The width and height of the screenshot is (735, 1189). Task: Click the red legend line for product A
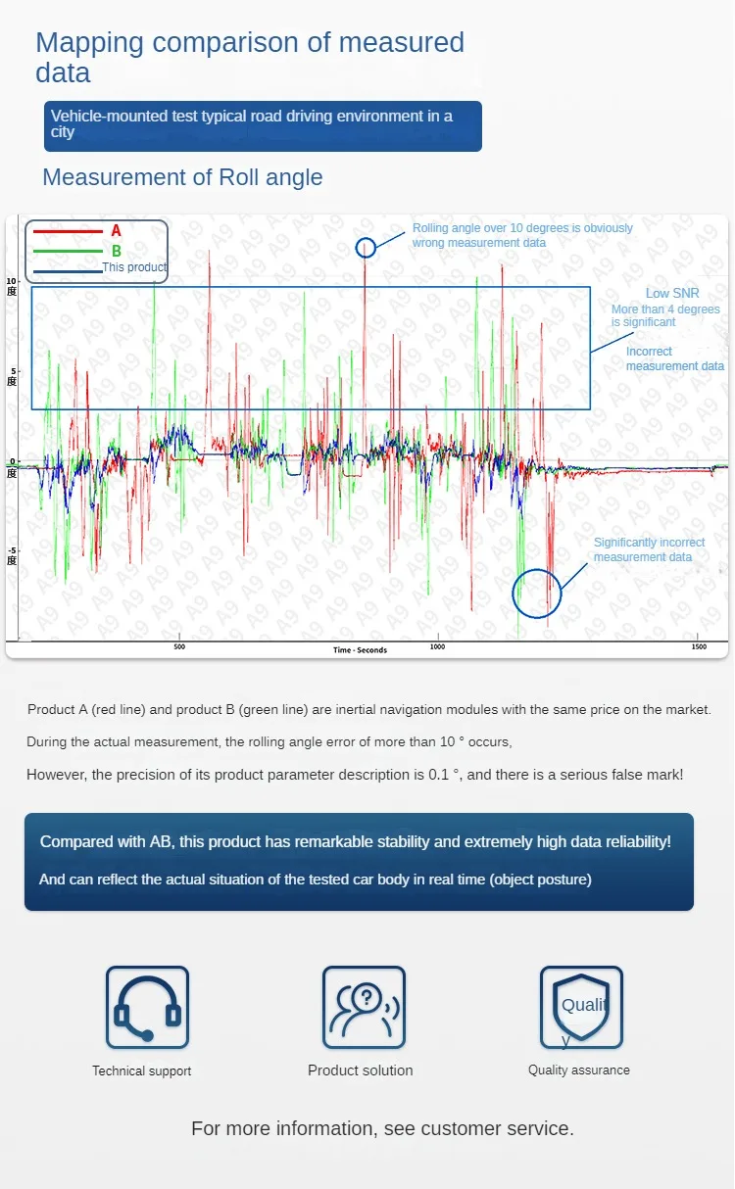(x=68, y=232)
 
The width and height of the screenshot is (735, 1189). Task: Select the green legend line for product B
(x=68, y=252)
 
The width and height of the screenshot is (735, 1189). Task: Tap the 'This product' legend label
(x=134, y=267)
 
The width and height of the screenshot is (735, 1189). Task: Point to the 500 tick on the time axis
(x=179, y=647)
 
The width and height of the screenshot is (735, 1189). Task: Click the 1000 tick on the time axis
(x=437, y=647)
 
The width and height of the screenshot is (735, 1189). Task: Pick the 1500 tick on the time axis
(x=699, y=647)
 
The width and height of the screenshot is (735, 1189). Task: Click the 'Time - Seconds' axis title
(x=360, y=650)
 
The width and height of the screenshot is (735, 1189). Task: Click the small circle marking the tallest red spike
(x=366, y=248)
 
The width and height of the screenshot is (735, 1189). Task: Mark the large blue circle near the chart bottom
(x=537, y=593)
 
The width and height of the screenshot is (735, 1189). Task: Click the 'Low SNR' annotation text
(x=671, y=294)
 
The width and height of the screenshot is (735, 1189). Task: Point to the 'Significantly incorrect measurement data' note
(x=649, y=549)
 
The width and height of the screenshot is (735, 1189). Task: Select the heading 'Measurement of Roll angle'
(x=182, y=177)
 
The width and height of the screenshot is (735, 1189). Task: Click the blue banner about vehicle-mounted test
(x=263, y=125)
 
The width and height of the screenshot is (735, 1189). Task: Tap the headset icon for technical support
(x=147, y=1008)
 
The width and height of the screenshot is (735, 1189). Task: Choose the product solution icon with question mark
(x=364, y=1008)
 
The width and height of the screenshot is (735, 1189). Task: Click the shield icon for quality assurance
(x=581, y=1008)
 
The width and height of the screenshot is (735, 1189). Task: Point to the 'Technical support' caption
(x=142, y=1070)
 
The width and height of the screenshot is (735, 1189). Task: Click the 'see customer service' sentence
(x=382, y=1128)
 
